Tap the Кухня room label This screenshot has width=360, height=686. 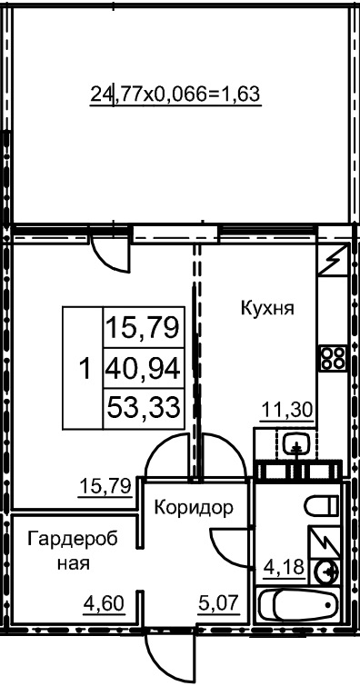266,308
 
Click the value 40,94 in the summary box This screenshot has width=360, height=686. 142,368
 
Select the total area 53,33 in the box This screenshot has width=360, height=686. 142,406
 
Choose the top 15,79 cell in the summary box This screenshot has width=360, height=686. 142,325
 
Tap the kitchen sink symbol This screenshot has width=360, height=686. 295,444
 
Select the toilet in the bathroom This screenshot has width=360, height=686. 323,505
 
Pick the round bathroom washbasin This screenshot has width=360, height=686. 328,571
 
